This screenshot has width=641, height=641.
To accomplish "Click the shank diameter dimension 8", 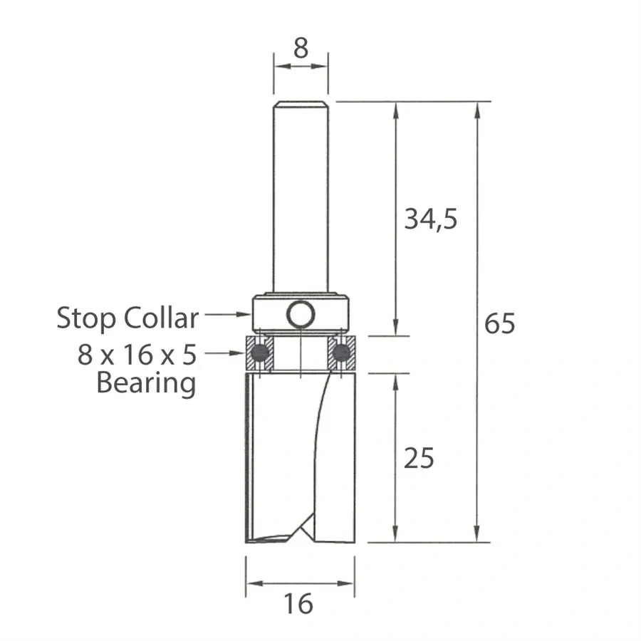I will click(x=301, y=48).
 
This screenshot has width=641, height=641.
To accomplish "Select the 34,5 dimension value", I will click(x=430, y=220).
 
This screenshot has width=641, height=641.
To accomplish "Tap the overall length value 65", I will click(x=499, y=323).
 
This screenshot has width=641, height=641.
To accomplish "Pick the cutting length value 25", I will click(x=418, y=459).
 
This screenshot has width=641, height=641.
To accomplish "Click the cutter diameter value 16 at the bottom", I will click(x=299, y=604).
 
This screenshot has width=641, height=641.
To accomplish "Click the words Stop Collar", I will click(x=127, y=318).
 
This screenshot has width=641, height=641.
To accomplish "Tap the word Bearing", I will click(x=145, y=383).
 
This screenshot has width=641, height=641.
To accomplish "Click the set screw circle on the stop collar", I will click(x=301, y=313).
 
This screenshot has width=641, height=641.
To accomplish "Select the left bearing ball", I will click(x=259, y=353).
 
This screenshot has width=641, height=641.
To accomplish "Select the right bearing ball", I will click(x=343, y=353).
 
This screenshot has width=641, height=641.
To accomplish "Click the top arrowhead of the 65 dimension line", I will click(x=476, y=107).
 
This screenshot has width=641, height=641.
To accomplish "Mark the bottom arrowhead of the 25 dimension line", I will click(x=395, y=537).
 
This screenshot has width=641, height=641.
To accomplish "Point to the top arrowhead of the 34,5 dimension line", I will click(x=395, y=107).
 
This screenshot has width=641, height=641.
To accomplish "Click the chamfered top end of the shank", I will click(x=301, y=104).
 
